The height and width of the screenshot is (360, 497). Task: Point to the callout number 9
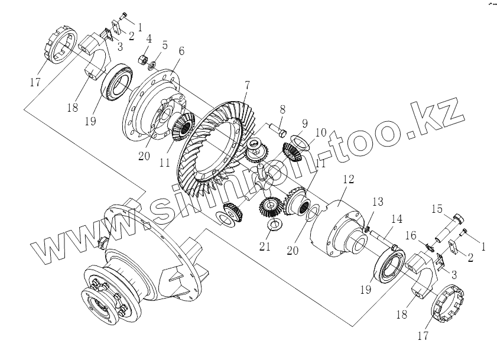(x=304, y=124)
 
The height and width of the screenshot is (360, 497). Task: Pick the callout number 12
(x=349, y=178)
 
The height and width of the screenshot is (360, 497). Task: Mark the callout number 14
(x=396, y=219)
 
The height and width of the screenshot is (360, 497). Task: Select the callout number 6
(x=181, y=51)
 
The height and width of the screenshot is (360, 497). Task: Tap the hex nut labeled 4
(x=143, y=59)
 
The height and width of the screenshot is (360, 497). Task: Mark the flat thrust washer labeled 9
(x=301, y=142)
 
